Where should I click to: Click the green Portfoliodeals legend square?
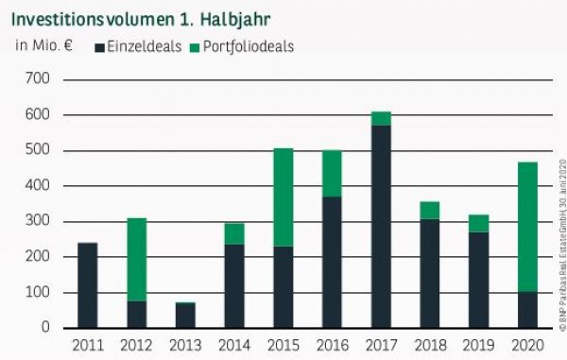pyautogui.click(x=195, y=45)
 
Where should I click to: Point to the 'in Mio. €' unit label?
pyautogui.click(x=42, y=44)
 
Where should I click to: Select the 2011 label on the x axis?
pyautogui.click(x=87, y=345)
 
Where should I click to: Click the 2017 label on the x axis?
pyautogui.click(x=380, y=345)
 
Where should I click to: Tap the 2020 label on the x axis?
pyautogui.click(x=526, y=345)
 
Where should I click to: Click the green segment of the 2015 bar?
pyautogui.click(x=283, y=197)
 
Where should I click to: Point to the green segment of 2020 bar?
pyautogui.click(x=526, y=227)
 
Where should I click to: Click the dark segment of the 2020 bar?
pyautogui.click(x=526, y=311)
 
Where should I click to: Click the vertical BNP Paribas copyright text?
pyautogui.click(x=559, y=250)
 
